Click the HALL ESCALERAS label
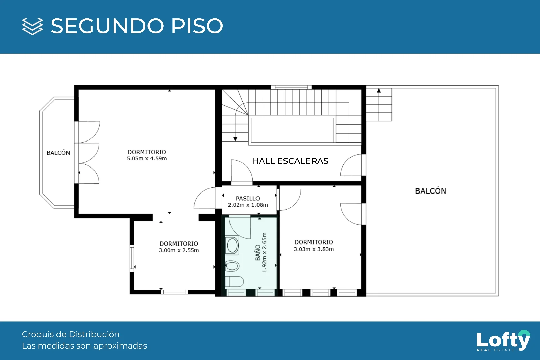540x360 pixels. (x=290, y=161)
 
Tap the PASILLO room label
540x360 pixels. (x=248, y=198)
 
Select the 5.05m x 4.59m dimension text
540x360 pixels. (x=147, y=158)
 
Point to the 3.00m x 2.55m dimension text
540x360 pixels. (x=179, y=250)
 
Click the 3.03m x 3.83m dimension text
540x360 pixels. (x=314, y=249)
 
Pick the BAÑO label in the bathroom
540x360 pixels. (x=258, y=252)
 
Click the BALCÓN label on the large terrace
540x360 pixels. (x=431, y=191)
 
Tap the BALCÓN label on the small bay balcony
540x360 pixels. (x=58, y=153)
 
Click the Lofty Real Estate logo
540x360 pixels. (x=503, y=340)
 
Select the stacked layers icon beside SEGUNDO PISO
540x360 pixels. (x=32, y=26)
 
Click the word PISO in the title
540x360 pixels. (x=197, y=26)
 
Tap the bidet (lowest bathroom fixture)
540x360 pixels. (x=234, y=282)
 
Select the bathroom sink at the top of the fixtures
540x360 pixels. (x=232, y=246)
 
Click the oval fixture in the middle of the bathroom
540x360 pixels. (x=232, y=266)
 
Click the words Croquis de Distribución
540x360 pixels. (x=71, y=334)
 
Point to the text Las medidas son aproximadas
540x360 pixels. (x=85, y=346)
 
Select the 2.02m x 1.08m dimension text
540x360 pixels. (x=248, y=205)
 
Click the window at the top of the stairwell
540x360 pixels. (x=291, y=87)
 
